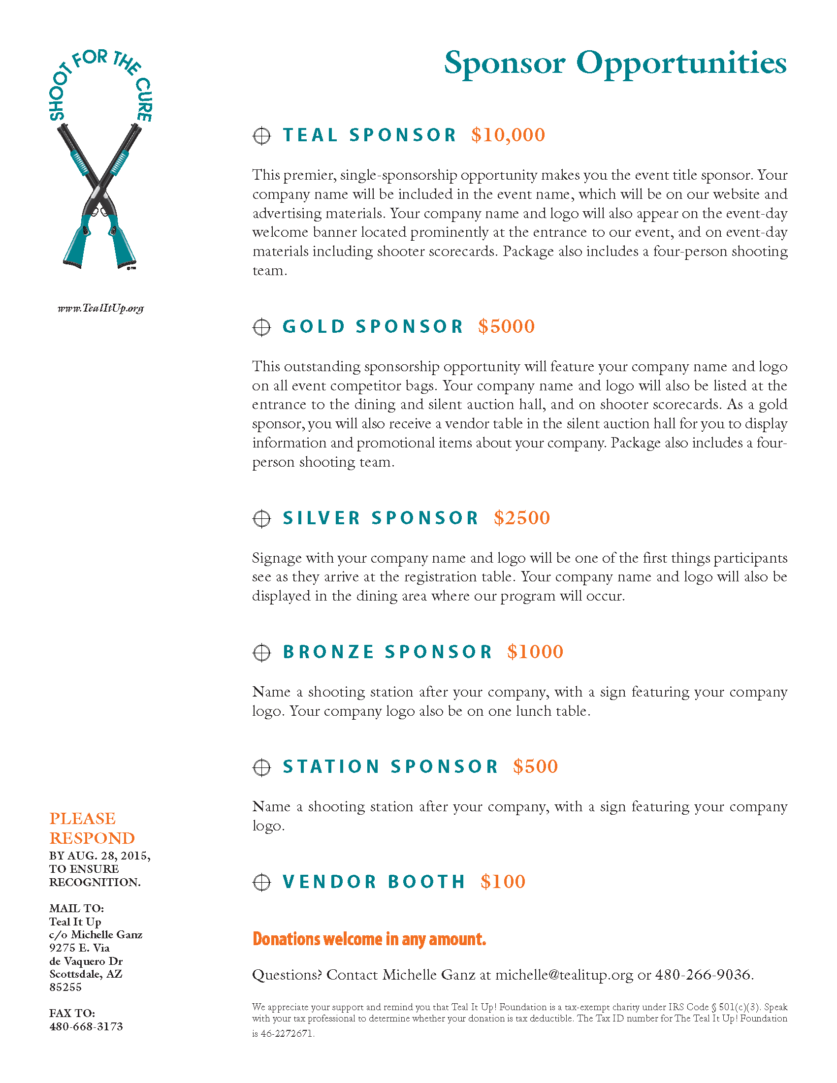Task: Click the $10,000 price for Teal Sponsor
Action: point(508,135)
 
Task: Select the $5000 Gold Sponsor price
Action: point(506,326)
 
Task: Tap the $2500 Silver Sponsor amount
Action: point(521,518)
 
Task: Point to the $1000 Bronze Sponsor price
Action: point(535,652)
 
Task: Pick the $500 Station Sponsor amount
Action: point(536,766)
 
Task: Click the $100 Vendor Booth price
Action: point(503,881)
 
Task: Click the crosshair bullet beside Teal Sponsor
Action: point(262,136)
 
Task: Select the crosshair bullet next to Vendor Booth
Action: point(262,882)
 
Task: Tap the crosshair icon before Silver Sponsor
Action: point(262,519)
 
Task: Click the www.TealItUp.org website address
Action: point(100,308)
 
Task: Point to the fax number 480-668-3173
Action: point(86,1026)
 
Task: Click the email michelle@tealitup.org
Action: point(564,974)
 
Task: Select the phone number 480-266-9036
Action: point(704,974)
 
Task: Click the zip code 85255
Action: point(65,987)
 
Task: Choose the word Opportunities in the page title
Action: point(681,64)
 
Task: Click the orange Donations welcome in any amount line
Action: point(369,939)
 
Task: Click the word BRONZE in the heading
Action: point(328,652)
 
